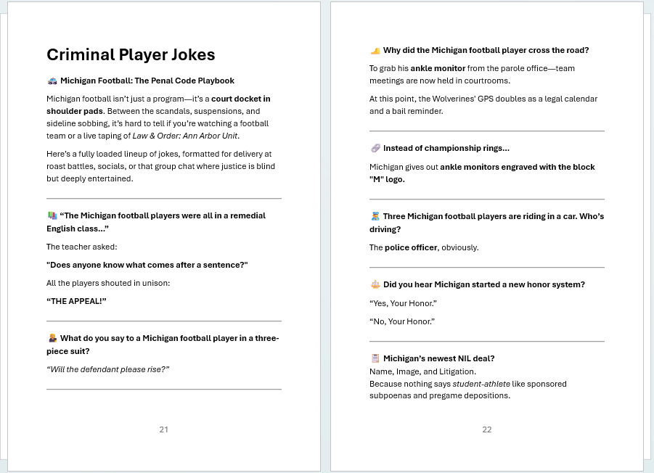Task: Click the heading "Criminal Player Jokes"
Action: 131,55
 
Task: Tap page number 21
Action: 163,429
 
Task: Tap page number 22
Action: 486,429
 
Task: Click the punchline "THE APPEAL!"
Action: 76,301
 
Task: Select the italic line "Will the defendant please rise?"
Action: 107,369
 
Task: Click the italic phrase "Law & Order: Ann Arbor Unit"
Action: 185,136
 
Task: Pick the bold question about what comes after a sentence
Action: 147,265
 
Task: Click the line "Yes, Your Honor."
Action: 403,303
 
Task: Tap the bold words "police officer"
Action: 411,247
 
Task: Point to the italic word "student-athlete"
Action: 481,384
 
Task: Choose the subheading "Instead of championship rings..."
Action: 446,148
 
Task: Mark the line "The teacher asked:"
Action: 81,247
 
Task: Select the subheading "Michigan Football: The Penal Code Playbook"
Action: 147,81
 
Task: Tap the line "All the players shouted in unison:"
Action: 108,283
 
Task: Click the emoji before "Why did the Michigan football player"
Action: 375,51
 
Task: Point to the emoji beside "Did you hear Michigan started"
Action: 375,284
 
